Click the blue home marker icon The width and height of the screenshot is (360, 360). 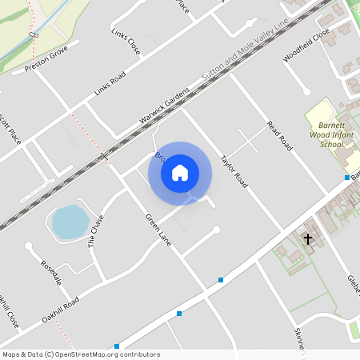click(x=180, y=172)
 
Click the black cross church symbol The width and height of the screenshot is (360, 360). click(x=308, y=238)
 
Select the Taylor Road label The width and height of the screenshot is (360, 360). click(x=234, y=170)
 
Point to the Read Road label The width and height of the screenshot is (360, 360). click(x=278, y=133)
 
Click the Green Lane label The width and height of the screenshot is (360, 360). click(x=158, y=230)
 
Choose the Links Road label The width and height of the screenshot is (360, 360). click(x=110, y=85)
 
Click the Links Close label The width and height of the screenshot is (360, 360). click(x=126, y=42)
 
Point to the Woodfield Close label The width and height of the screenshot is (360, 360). click(x=306, y=46)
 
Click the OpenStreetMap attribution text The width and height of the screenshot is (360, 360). click(x=80, y=354)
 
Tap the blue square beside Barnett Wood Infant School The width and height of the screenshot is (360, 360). click(x=346, y=178)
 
